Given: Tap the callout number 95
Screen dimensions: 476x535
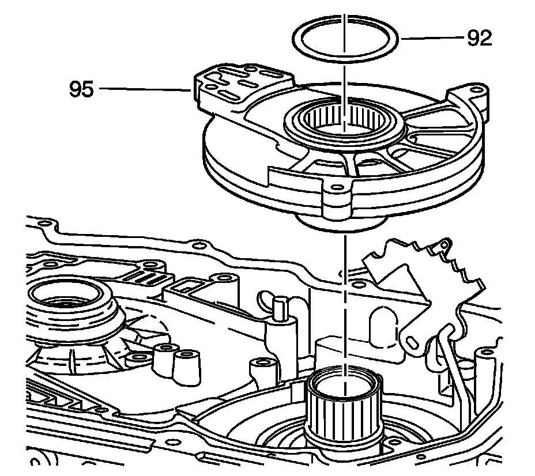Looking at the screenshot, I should coord(81,89).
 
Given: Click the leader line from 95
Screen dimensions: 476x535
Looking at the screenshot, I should coord(144,89).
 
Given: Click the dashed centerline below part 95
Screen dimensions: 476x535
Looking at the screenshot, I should coord(345,288).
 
